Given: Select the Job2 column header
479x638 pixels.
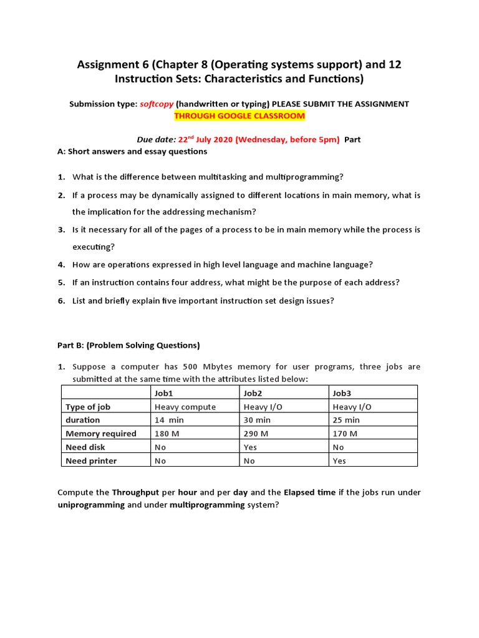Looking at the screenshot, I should (253, 393).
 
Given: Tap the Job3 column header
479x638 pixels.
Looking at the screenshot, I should (342, 393).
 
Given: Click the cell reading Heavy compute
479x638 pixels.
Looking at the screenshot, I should (185, 406).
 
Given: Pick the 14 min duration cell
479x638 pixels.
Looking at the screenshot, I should (169, 420).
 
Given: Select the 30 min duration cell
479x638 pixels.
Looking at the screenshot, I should (257, 420).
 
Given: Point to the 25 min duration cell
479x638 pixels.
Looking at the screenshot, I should (346, 420).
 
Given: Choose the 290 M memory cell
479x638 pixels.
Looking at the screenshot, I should (256, 434).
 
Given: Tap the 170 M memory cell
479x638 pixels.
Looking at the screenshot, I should (345, 434).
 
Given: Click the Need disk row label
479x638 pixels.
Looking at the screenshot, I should (85, 447).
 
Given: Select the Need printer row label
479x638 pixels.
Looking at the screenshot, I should (91, 461).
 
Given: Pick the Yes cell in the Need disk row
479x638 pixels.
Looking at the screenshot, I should (250, 447).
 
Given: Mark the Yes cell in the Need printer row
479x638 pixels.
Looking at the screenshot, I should (339, 461).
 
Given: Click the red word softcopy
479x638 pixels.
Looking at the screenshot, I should (157, 104).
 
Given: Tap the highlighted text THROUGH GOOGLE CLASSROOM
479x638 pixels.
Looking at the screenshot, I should (239, 116).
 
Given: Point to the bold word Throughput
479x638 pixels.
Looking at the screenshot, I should (135, 492).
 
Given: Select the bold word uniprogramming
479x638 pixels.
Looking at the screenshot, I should (91, 505).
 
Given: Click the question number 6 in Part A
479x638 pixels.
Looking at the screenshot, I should (62, 300).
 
